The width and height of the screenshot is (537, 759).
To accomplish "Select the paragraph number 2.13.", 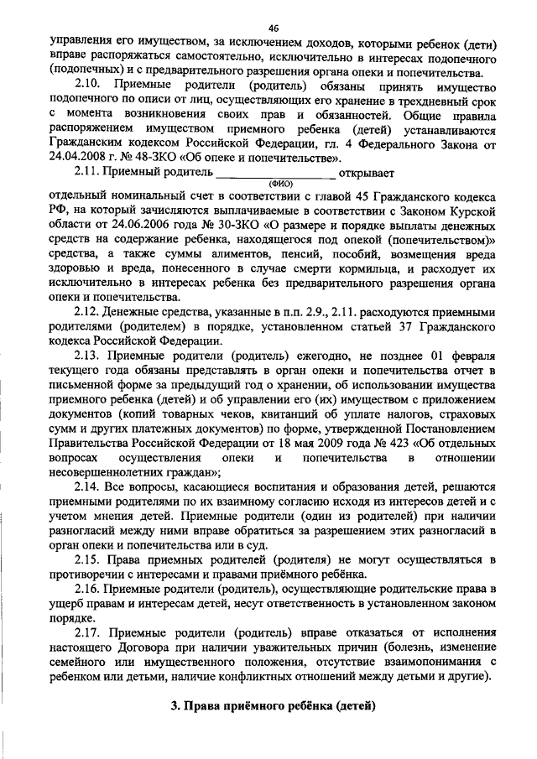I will click(88, 355).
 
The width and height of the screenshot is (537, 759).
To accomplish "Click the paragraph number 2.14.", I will click(88, 487).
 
